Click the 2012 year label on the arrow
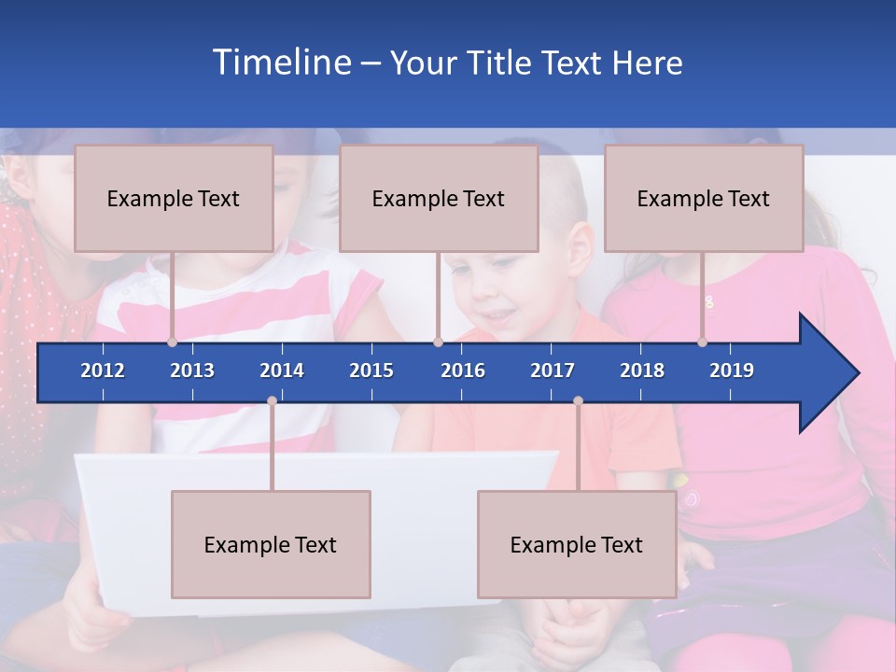coord(103,371)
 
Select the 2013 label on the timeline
coord(192,371)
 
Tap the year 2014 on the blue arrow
coord(282,371)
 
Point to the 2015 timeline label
coord(371,371)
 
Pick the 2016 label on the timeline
coord(463,371)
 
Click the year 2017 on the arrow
coord(553,371)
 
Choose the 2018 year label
coord(642,371)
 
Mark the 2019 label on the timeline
coord(732,371)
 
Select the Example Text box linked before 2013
coord(174,198)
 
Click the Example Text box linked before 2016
coord(439,198)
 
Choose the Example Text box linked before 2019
coord(704,198)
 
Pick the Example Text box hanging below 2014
coord(271,544)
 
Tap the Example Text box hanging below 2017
coord(577,544)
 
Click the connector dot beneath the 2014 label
coord(272,401)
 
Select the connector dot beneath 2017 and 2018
coord(578,401)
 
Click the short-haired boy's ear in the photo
coord(581,248)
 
